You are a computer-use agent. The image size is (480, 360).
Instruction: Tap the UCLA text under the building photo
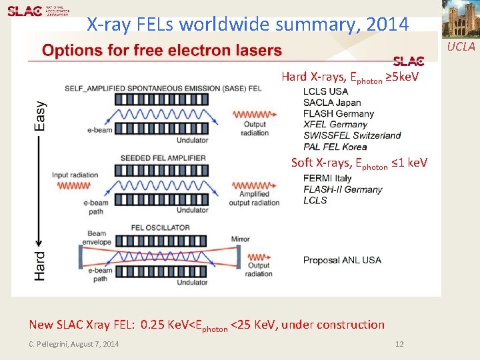click(461, 46)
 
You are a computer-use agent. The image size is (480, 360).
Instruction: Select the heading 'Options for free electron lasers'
click(162, 51)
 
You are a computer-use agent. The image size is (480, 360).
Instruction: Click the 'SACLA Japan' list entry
click(332, 103)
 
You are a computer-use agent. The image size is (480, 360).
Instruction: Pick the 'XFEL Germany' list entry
click(335, 124)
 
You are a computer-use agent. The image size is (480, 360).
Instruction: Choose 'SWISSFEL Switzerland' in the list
click(352, 135)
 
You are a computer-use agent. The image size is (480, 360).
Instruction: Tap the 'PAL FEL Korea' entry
click(335, 147)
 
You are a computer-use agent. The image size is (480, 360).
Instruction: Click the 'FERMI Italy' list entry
click(327, 179)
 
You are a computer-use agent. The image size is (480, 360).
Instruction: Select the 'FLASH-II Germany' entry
click(343, 189)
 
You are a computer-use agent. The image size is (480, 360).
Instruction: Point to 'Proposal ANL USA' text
click(342, 260)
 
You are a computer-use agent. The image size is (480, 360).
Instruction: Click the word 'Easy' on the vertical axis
click(41, 115)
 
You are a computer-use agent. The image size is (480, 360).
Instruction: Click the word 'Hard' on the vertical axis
click(41, 265)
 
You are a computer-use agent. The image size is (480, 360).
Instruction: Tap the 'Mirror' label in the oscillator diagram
click(241, 238)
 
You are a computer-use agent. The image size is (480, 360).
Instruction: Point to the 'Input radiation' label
click(75, 175)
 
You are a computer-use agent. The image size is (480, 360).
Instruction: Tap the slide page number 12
click(399, 344)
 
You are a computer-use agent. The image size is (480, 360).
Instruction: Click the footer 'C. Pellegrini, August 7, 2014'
click(74, 344)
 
